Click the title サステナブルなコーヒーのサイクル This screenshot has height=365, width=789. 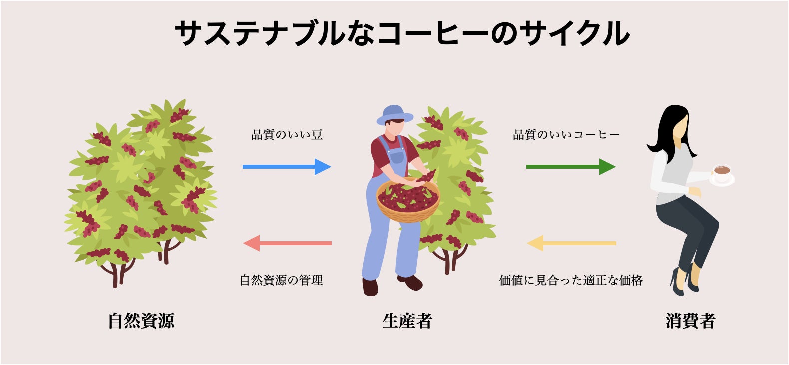[402, 33]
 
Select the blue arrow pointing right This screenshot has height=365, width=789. [287, 167]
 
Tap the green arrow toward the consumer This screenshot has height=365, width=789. [571, 167]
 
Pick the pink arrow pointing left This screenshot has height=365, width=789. [287, 243]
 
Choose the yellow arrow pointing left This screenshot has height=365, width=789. [571, 243]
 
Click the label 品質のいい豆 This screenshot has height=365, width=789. [287, 134]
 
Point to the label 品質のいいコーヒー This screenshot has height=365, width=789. [566, 134]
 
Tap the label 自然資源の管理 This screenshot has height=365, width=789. [281, 280]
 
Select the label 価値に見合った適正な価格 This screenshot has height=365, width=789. [571, 280]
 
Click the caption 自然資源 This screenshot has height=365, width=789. [141, 321]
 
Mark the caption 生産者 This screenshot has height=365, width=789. [407, 321]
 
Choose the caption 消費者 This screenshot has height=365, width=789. [690, 321]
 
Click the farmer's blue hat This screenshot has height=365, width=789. [394, 115]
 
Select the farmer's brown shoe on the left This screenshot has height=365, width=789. [370, 287]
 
